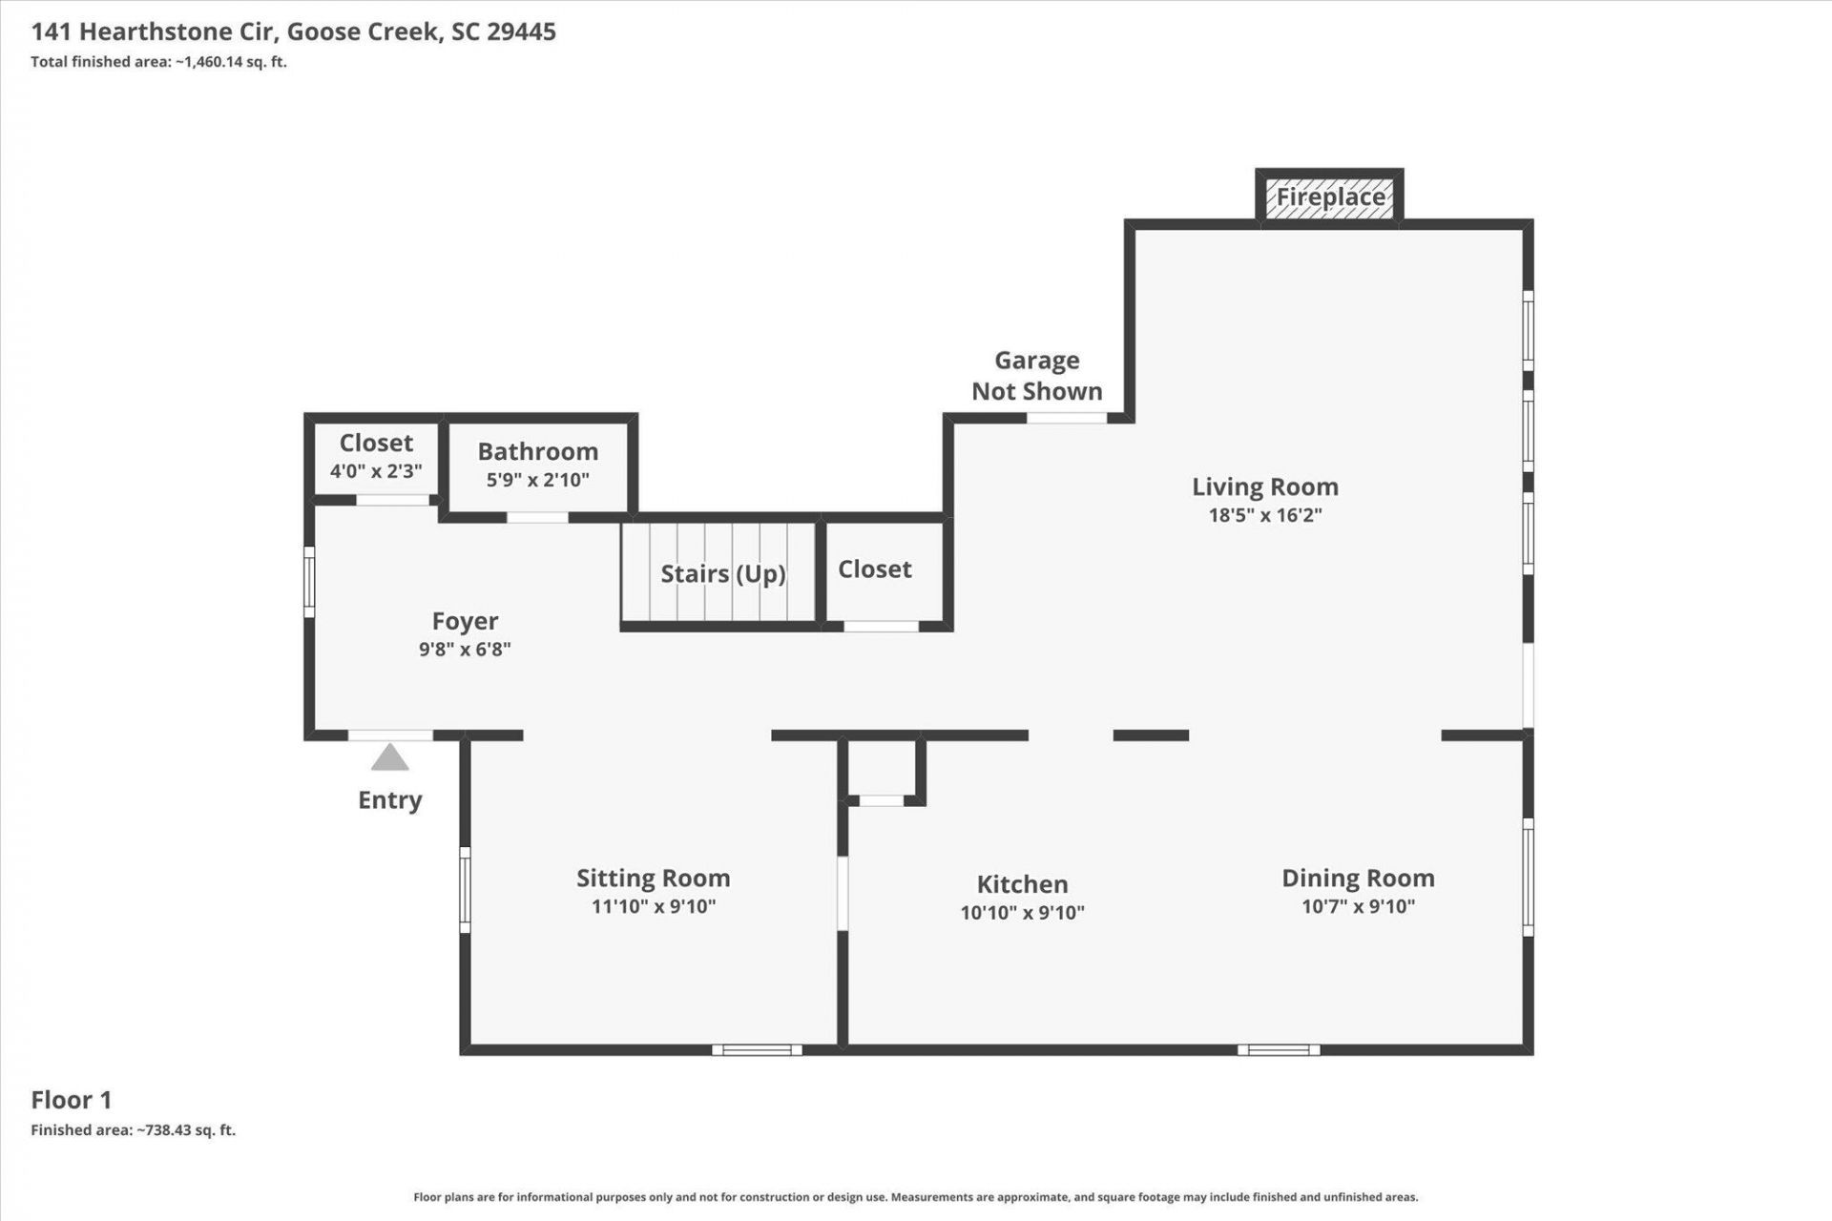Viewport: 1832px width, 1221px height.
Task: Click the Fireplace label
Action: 1330,197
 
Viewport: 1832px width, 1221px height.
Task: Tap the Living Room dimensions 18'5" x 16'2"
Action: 1265,515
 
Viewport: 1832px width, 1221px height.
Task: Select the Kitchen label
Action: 1022,884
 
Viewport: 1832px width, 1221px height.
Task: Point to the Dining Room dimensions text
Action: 1358,906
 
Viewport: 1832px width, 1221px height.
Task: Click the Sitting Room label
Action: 654,879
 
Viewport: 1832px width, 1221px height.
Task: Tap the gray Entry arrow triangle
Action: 389,757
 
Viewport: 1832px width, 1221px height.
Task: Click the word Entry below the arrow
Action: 389,800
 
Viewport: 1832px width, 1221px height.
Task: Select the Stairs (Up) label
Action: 723,573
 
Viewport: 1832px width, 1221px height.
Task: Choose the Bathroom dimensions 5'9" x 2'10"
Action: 538,480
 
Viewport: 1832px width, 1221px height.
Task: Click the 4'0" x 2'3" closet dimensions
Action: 376,471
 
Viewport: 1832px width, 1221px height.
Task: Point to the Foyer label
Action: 465,622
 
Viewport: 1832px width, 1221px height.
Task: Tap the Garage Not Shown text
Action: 1037,376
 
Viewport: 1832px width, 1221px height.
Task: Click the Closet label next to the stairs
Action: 875,569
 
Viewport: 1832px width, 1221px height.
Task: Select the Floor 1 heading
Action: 72,1100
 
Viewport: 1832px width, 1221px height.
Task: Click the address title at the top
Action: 294,31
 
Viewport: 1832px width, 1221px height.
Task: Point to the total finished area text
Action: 158,62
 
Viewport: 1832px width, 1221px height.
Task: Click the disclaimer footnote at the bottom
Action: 916,1197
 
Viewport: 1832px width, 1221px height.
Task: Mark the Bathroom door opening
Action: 537,518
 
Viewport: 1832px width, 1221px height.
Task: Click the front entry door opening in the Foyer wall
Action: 390,735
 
